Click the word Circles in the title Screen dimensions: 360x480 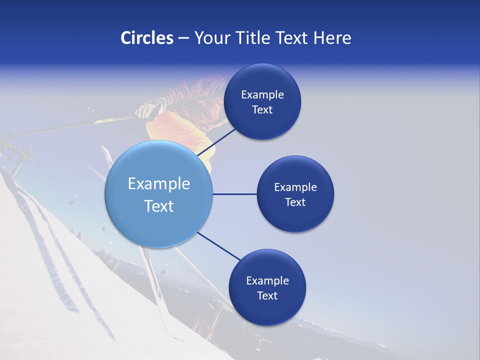pos(146,38)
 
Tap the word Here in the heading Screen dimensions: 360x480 pos(332,38)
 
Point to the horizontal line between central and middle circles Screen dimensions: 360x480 pos(234,194)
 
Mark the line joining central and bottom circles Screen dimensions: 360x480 pos(219,246)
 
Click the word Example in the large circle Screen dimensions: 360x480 pos(159,184)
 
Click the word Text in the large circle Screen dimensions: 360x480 pos(159,206)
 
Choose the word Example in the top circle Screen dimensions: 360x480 pos(262,95)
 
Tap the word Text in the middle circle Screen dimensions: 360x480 pos(295,202)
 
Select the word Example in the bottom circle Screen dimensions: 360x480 pos(267,281)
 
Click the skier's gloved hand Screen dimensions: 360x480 pos(146,109)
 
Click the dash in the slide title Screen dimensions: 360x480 pos(183,38)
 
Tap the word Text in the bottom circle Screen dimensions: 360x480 pos(267,296)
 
